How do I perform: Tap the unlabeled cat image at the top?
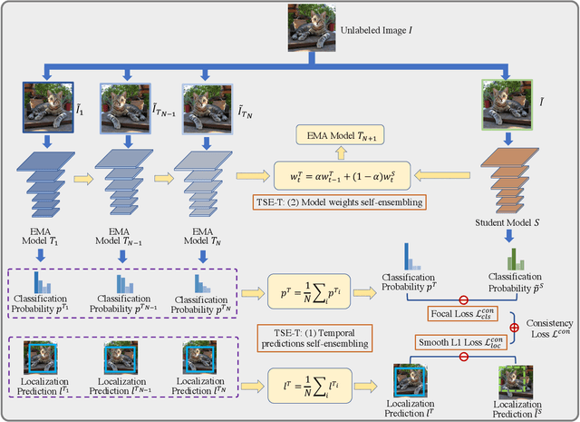pos(312,25)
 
